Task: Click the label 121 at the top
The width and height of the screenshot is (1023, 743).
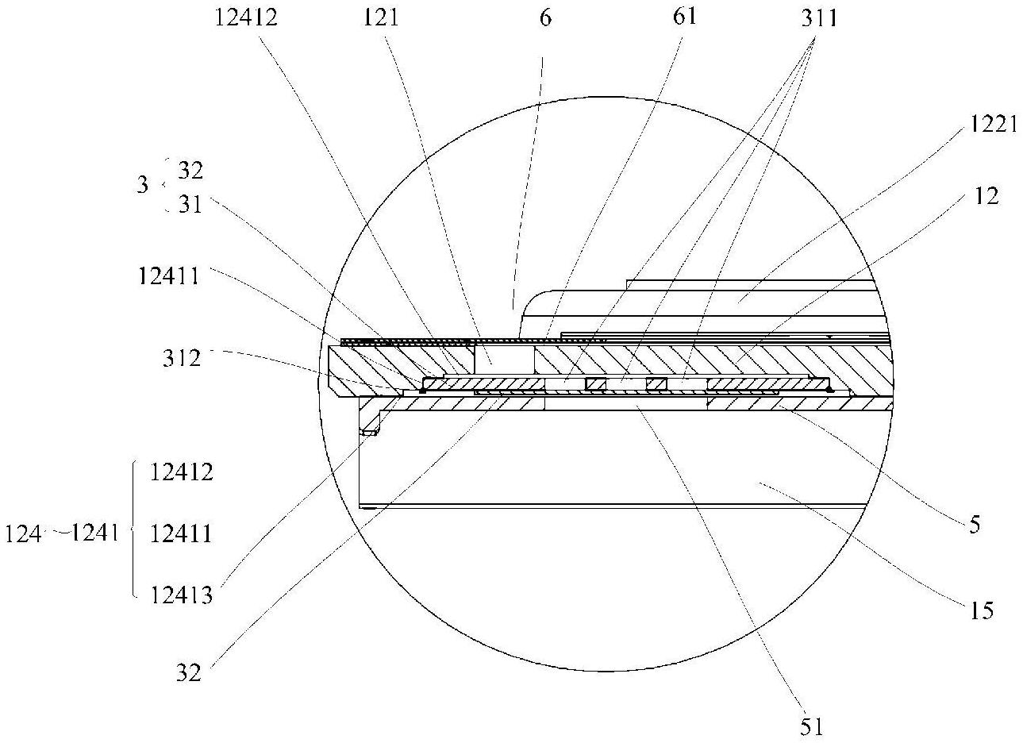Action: click(381, 18)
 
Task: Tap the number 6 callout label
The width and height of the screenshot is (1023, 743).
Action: click(545, 18)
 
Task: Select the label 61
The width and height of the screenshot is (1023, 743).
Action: click(685, 17)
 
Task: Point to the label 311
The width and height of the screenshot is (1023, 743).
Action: click(820, 19)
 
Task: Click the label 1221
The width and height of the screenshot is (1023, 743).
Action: click(994, 124)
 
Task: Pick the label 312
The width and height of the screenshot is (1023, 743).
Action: click(181, 358)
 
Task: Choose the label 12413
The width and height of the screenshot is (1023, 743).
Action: click(181, 595)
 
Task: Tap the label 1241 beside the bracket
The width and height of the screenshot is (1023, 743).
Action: click(95, 532)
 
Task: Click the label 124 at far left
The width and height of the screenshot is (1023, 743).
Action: click(23, 534)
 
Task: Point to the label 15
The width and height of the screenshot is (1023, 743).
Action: click(982, 610)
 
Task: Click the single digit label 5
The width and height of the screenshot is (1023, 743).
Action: click(975, 525)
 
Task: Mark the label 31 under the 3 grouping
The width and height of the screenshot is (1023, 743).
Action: click(190, 205)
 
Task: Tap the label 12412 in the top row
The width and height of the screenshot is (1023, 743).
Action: click(246, 18)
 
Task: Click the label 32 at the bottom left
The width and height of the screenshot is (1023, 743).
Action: click(189, 672)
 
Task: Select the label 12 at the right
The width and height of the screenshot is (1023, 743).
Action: click(986, 196)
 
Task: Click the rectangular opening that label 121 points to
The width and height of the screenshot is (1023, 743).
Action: click(504, 359)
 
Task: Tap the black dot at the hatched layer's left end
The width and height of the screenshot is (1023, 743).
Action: click(422, 391)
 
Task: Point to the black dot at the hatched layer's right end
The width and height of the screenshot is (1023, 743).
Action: click(830, 390)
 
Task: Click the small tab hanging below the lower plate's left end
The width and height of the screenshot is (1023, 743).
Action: click(369, 432)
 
